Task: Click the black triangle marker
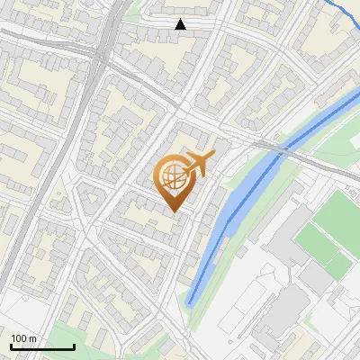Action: tap(181, 24)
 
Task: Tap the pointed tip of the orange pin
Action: tap(173, 211)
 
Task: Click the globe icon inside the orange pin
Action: tap(173, 177)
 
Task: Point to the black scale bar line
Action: tap(41, 346)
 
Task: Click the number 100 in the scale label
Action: tap(19, 338)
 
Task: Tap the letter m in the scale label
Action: tap(32, 338)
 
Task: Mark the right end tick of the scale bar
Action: tap(73, 345)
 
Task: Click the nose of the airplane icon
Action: tap(213, 156)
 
